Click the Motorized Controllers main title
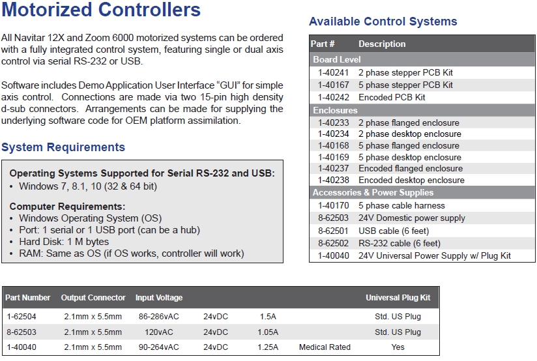point(101,10)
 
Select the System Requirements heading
point(63,147)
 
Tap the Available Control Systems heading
point(383,22)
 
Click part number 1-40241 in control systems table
point(333,72)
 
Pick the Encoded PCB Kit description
point(392,97)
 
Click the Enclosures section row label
point(335,110)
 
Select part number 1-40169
point(333,157)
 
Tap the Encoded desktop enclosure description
point(411,180)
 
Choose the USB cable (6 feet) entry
point(394,231)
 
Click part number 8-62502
point(333,243)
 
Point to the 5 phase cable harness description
point(401,205)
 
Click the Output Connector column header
point(93,298)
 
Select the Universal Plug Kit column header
point(398,298)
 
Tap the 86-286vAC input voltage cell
point(158,317)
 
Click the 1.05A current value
point(268,332)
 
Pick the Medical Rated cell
point(325,347)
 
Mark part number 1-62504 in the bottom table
point(22,317)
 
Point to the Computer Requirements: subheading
point(68,207)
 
